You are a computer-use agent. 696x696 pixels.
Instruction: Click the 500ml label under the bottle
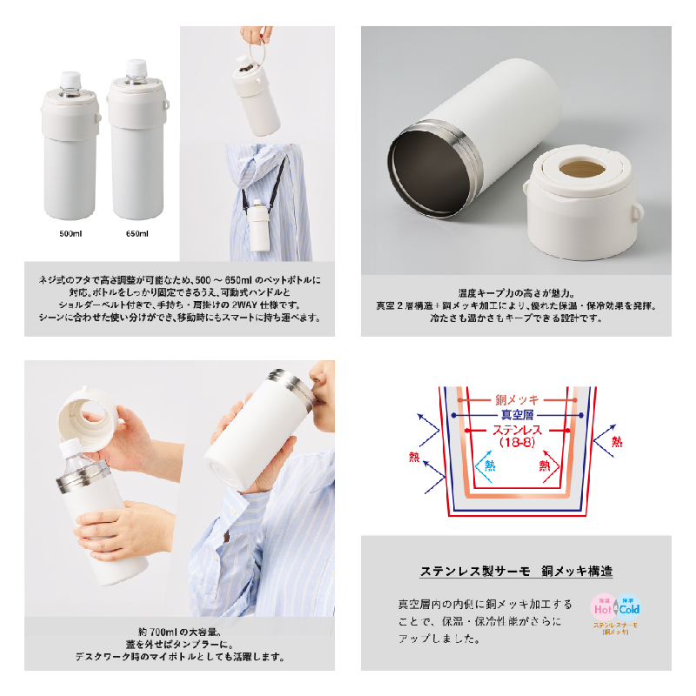(x=70, y=233)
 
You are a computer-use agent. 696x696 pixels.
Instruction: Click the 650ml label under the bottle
(x=137, y=233)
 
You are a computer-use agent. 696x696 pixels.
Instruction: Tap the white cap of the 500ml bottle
(x=70, y=80)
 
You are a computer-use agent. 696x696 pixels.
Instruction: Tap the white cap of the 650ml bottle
(x=136, y=68)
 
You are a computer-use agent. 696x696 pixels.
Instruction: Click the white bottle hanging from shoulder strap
(x=258, y=225)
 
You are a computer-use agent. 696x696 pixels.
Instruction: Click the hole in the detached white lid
(x=582, y=169)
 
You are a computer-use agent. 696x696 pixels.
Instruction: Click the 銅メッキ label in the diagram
(x=517, y=400)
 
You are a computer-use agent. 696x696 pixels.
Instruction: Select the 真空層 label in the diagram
(x=517, y=415)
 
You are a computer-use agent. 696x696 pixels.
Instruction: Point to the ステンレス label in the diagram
(x=517, y=430)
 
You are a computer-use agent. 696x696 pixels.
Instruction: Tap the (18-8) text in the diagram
(x=517, y=442)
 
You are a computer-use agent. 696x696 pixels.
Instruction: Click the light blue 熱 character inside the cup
(x=490, y=465)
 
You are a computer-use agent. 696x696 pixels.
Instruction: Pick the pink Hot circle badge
(x=603, y=606)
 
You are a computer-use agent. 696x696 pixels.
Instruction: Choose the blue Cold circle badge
(x=628, y=606)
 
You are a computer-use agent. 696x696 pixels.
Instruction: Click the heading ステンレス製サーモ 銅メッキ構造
(x=516, y=571)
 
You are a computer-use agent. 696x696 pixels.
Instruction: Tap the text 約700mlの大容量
(x=179, y=632)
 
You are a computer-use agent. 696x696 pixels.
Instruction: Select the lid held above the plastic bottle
(x=89, y=419)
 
